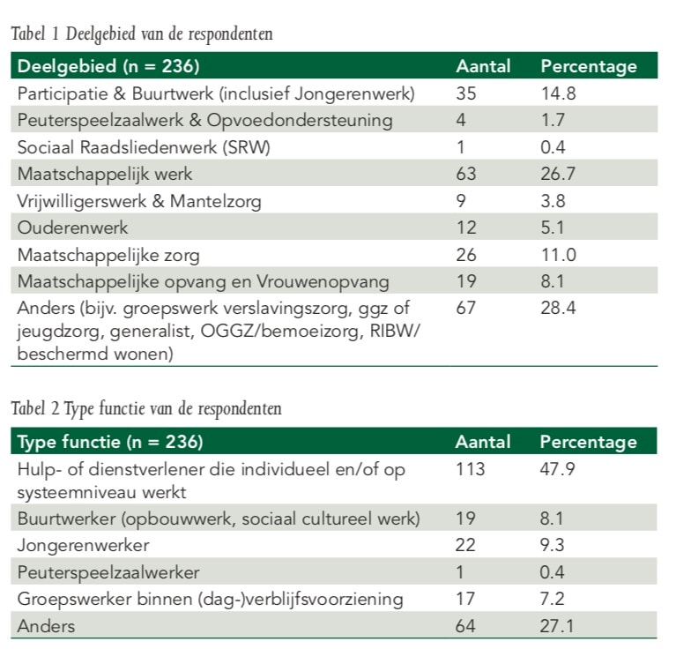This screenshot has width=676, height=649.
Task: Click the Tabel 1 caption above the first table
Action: point(141,35)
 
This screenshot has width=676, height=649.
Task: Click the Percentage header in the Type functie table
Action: point(588,442)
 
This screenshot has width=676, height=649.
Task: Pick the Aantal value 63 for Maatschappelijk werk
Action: point(466,174)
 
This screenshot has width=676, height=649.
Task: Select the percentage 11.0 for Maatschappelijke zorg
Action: point(556,256)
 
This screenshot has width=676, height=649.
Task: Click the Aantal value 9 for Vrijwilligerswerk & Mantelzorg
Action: point(461,201)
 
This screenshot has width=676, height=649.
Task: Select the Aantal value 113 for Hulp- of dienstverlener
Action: point(470,469)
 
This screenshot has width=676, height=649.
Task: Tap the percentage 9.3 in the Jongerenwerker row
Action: point(552,546)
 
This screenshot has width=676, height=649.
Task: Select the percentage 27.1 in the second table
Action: point(556,627)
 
